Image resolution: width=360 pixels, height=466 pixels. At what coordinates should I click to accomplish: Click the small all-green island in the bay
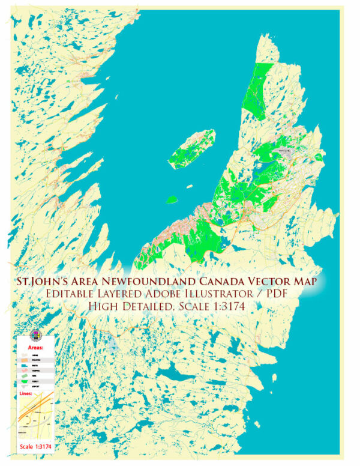pyautogui.click(x=172, y=199)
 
